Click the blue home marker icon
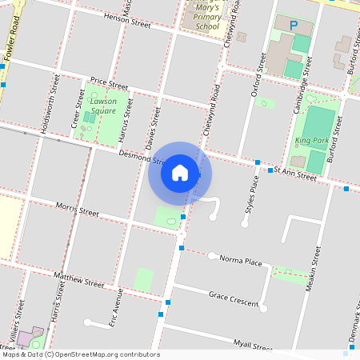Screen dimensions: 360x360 coord(180,172)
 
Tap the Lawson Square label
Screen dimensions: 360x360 coord(103,106)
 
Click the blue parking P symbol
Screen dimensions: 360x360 coord(294,26)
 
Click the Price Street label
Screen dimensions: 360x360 coord(109,82)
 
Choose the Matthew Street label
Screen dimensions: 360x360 coord(79,279)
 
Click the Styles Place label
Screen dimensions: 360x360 coord(251,197)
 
